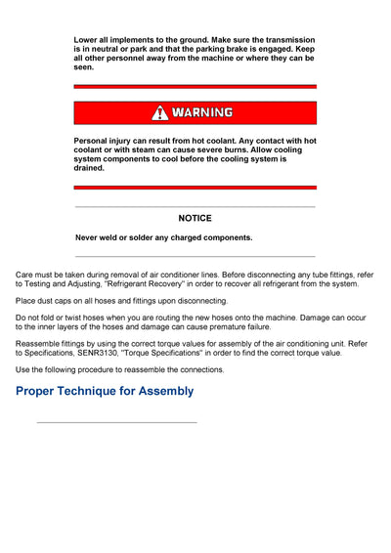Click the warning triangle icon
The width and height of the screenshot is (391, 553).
click(159, 112)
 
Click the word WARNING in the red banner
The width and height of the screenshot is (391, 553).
click(202, 112)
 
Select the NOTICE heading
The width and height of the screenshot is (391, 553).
click(195, 218)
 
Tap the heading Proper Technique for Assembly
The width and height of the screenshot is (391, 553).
click(105, 392)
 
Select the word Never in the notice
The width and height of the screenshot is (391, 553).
click(89, 237)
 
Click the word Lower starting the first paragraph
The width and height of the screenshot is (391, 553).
click(88, 40)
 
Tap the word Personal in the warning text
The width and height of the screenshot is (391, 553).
click(95, 141)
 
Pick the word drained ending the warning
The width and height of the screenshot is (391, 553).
click(89, 168)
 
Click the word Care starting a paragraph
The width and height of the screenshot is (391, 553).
click(25, 276)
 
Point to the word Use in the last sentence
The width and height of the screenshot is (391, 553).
click(23, 370)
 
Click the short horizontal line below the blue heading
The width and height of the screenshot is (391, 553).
click(116, 422)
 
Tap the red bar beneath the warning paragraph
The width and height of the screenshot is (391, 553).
click(195, 187)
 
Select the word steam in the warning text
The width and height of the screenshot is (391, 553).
click(152, 150)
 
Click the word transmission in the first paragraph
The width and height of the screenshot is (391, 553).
click(288, 40)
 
